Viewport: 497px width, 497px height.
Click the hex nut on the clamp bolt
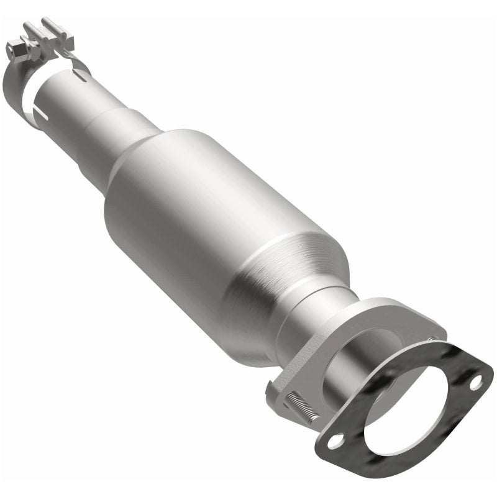click(x=14, y=47)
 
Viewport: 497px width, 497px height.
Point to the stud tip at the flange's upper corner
click(x=430, y=338)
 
